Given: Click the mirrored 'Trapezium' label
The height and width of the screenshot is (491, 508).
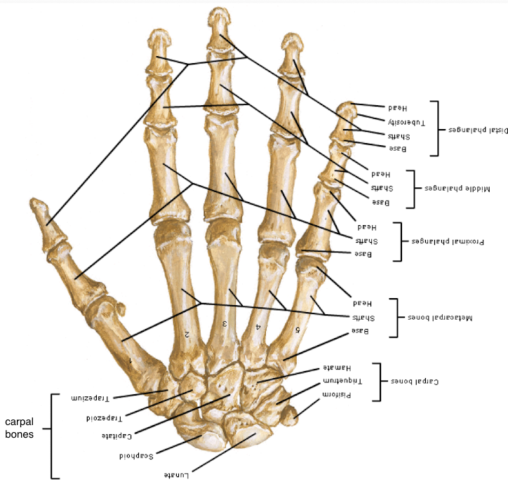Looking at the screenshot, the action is point(92,398).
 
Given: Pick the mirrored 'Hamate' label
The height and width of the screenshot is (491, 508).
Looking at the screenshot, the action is point(336,367).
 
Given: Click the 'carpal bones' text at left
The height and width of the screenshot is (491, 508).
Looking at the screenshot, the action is point(25,428).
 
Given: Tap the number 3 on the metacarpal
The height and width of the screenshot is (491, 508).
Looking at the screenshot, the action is point(225,323).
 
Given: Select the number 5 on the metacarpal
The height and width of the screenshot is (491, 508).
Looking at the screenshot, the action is point(298,329).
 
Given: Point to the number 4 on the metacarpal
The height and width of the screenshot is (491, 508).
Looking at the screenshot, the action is point(258,327).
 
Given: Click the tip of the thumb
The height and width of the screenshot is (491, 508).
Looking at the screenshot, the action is point(35,204).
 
